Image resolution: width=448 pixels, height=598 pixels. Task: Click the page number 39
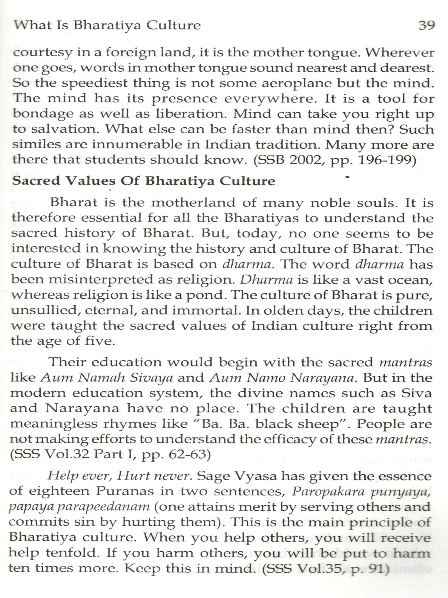click(426, 25)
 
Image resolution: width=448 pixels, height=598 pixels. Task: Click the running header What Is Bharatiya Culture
click(107, 25)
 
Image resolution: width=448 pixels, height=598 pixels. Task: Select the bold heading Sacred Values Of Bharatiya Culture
click(143, 181)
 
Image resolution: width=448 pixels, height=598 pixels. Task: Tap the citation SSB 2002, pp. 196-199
click(335, 160)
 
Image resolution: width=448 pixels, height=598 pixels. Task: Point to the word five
click(100, 341)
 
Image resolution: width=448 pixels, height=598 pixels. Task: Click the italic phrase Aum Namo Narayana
click(282, 378)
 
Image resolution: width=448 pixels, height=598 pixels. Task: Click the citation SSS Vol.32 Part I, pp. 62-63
click(111, 454)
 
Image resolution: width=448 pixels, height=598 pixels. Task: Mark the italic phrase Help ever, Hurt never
click(119, 476)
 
